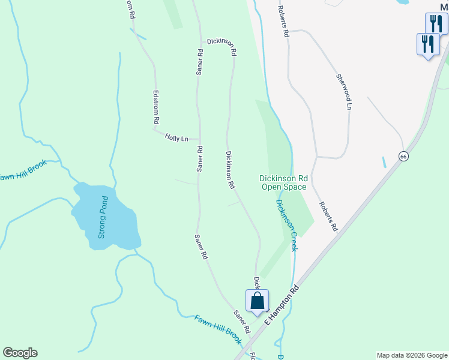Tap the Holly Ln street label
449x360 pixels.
176,138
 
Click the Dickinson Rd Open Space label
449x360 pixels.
283,182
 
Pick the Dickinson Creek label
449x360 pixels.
286,224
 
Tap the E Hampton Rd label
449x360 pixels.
282,306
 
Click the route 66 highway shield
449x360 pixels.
403,156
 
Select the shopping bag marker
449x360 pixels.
257,301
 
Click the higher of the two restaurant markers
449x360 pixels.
436,25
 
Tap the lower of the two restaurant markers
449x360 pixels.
428,44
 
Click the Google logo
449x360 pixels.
20,353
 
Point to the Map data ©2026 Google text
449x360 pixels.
411,355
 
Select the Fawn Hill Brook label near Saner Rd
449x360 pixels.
218,329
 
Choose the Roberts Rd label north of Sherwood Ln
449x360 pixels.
283,22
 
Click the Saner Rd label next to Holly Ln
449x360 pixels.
199,158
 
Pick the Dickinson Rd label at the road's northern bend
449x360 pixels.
221,47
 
